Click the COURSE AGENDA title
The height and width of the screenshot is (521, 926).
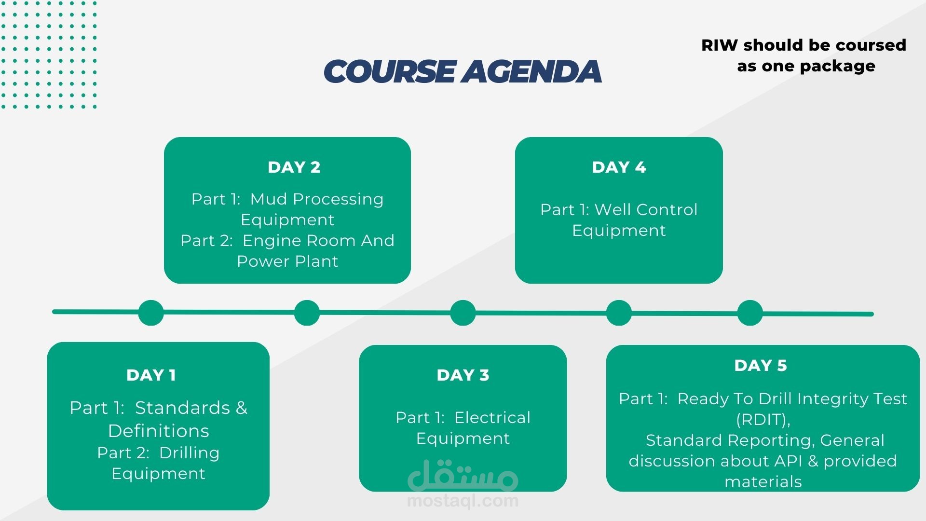(463, 71)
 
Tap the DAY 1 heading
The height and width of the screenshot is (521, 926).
(151, 375)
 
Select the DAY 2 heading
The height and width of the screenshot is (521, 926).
(294, 167)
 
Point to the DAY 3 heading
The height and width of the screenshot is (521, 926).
(463, 375)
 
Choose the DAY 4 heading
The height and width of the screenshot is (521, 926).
(619, 167)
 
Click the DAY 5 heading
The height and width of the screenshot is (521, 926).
(761, 365)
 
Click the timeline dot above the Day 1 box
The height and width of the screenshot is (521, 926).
(151, 313)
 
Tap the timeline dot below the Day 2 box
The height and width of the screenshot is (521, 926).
(307, 313)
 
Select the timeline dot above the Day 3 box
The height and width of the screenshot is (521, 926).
(463, 313)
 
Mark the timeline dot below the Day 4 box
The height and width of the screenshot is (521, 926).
(619, 313)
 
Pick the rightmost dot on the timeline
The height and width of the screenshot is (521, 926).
(750, 313)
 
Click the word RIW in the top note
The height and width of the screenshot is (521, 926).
(720, 45)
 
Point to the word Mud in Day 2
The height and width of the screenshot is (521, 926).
(269, 199)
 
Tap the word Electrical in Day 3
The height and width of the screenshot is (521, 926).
(492, 417)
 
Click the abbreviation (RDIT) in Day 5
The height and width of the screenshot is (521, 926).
(763, 420)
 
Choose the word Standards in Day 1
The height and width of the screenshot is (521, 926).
(182, 408)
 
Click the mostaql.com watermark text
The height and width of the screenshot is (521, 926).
(463, 501)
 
